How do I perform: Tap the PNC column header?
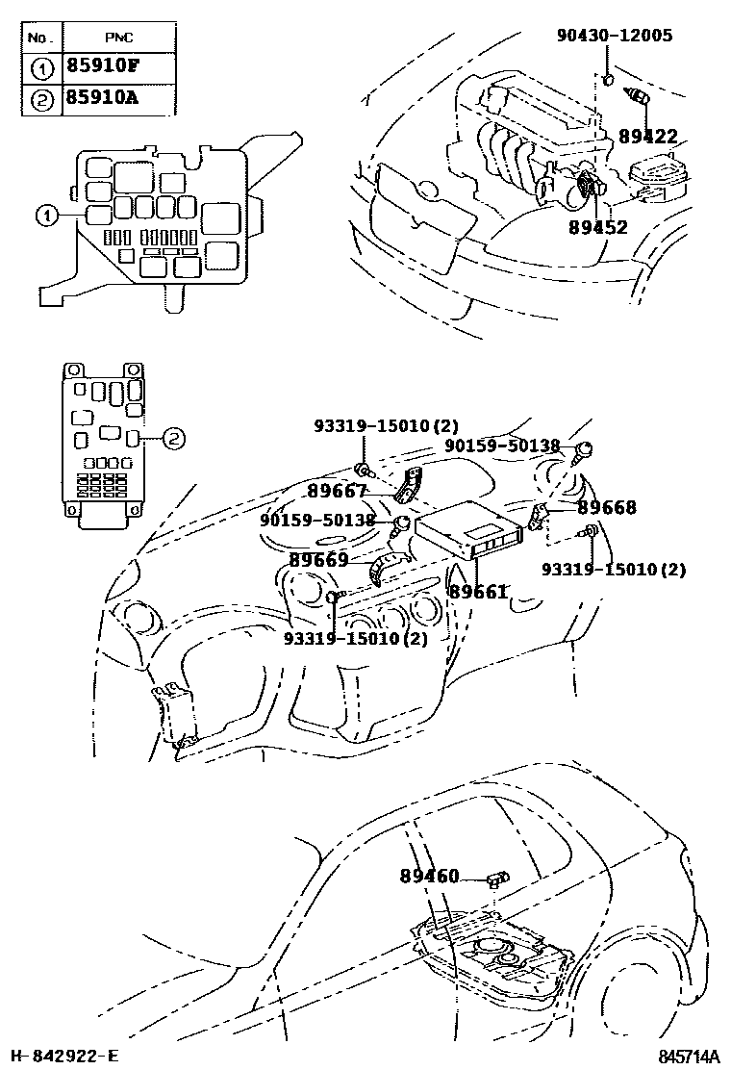(119, 38)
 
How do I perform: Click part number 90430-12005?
(615, 37)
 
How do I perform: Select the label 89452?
(597, 227)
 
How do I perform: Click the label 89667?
(338, 491)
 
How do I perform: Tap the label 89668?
(607, 507)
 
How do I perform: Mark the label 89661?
(477, 592)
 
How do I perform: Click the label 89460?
(429, 877)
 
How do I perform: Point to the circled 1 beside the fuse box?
(45, 216)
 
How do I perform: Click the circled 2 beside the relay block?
(171, 438)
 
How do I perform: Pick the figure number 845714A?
(690, 1057)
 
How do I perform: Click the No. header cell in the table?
(40, 38)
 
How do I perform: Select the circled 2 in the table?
(41, 98)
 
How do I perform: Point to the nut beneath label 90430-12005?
(609, 78)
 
